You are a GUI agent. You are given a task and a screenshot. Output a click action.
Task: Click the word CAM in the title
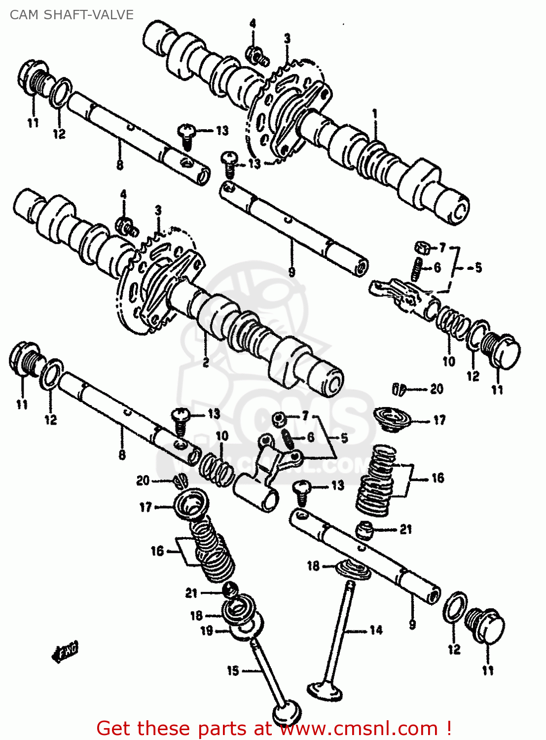(x=24, y=15)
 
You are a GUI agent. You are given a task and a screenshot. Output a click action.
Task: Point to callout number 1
(x=375, y=114)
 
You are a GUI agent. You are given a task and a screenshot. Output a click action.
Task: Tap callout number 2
(x=206, y=363)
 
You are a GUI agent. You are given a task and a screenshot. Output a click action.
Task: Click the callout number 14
(x=376, y=630)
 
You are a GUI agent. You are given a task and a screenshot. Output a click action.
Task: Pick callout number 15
(x=233, y=670)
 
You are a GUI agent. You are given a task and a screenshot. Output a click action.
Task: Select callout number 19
(x=207, y=630)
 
